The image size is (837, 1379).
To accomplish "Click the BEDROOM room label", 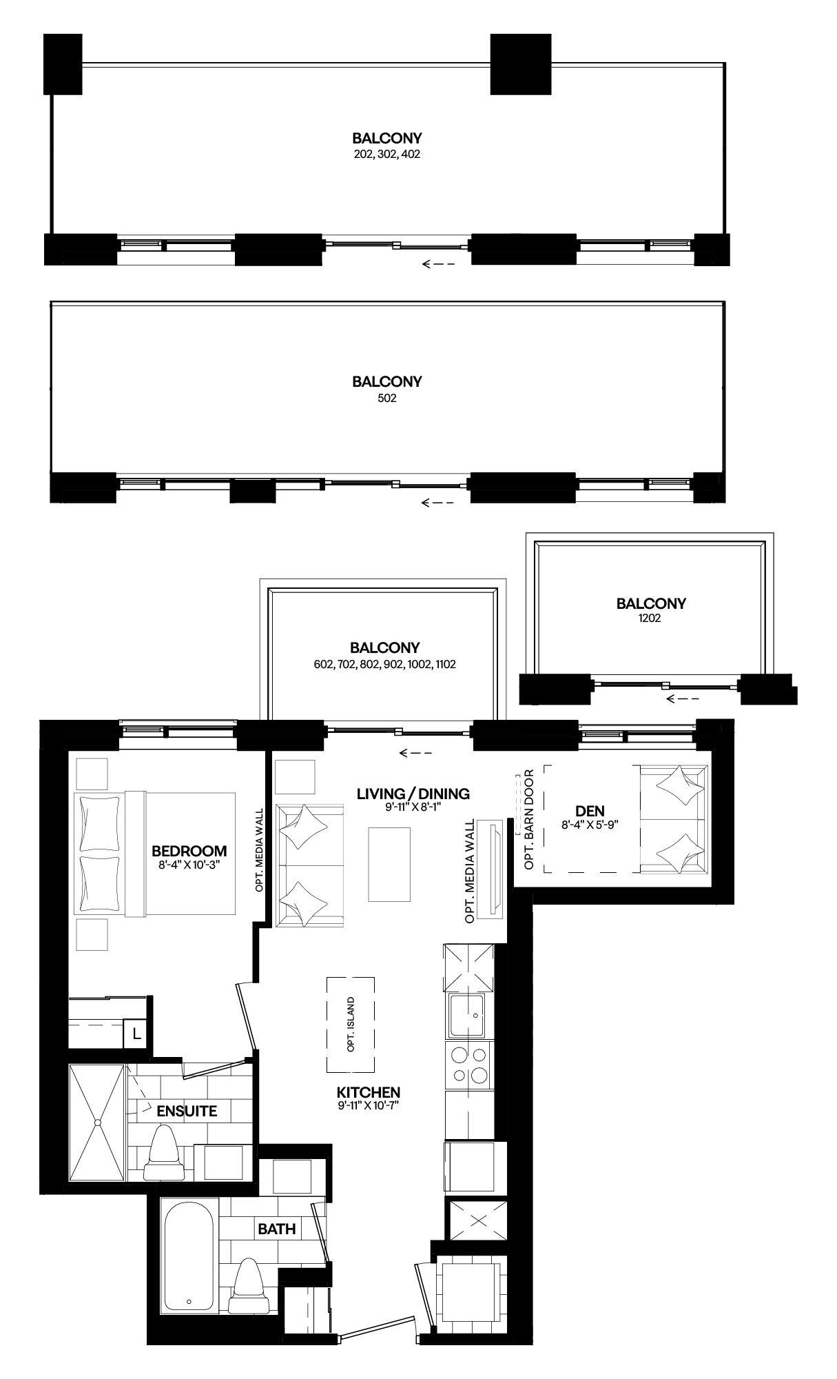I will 189,850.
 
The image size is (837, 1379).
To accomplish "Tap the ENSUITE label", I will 186,1111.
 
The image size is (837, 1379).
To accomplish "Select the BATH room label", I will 277,1229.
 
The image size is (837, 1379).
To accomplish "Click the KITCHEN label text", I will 368,1092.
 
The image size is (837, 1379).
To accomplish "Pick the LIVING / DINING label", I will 413,794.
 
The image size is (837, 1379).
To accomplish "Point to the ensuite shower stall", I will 97,1123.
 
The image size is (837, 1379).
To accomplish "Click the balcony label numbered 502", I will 386,390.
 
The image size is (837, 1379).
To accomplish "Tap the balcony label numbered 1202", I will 650,611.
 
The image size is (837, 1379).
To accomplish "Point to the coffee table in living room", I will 389,864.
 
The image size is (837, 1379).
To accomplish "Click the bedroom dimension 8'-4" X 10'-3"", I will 189,864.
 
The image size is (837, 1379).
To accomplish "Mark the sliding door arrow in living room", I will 415,752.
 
